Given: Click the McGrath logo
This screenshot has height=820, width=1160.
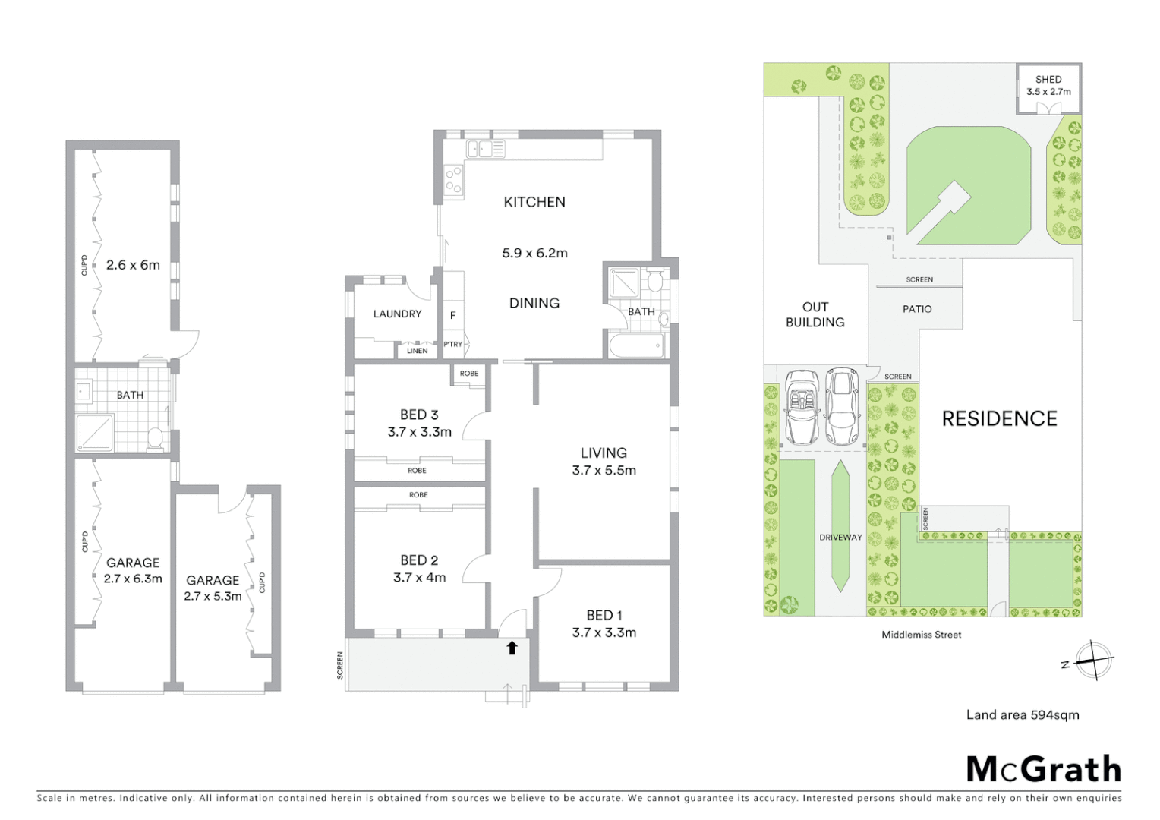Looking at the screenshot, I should coord(1044,769).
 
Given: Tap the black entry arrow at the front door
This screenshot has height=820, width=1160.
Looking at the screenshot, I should coord(512,648).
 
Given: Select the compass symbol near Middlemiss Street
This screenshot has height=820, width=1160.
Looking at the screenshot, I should coord(1094,660).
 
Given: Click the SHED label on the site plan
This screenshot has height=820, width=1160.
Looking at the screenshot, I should coord(1048,79).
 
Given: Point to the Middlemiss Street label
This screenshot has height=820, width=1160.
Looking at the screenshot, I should coord(921,635).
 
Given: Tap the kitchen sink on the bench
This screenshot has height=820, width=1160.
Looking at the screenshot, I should coord(486,149).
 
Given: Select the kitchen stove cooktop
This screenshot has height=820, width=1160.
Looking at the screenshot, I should coord(453,181).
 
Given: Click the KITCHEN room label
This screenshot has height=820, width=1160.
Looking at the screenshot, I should coord(534,202).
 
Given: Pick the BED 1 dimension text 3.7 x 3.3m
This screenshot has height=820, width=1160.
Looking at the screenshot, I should coord(604,632).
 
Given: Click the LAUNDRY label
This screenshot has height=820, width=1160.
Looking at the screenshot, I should coord(397,314).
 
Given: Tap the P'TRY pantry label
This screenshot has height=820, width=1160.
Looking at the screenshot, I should coord(453,345).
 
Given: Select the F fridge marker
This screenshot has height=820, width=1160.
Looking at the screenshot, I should coord(453,316).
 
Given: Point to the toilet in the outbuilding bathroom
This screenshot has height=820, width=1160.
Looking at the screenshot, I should coord(155,437).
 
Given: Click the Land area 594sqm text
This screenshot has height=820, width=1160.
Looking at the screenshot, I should coord(1022,714).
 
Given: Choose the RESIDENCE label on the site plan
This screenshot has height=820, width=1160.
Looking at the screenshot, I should coord(999,418).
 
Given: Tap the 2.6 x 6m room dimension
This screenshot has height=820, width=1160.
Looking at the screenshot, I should coord(133,265).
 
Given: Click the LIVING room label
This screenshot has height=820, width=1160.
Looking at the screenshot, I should coord(604,453).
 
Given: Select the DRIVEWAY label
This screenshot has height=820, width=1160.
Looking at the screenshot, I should coord(840,538).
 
